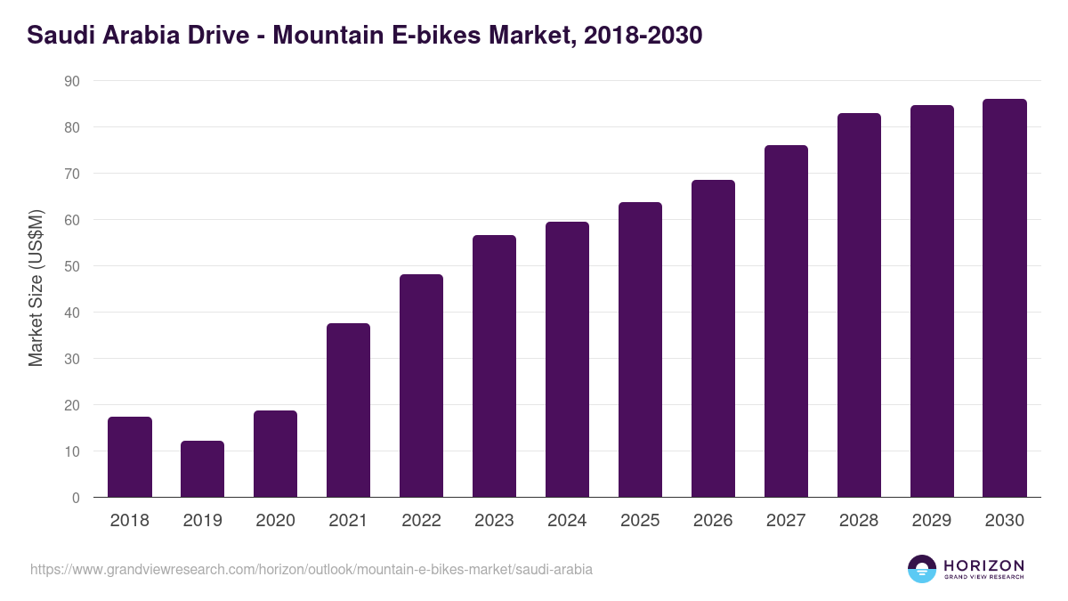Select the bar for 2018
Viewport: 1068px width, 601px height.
(130, 457)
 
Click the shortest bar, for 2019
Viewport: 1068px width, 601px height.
(203, 469)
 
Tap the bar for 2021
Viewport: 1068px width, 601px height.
(348, 410)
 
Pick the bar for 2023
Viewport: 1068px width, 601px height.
(494, 366)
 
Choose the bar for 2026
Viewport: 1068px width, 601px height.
(713, 338)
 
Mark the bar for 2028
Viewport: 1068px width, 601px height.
(859, 305)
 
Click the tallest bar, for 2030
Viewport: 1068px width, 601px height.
(1005, 298)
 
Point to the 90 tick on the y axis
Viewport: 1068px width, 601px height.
(72, 81)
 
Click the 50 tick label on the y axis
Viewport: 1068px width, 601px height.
(72, 266)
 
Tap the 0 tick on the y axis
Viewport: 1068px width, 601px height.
(76, 498)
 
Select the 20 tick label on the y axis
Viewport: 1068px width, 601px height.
(72, 405)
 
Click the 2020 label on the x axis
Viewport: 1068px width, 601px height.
(276, 521)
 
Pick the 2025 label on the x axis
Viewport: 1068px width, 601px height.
(640, 521)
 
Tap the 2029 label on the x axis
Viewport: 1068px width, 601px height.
(932, 521)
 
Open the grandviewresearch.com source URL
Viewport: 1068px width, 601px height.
(311, 569)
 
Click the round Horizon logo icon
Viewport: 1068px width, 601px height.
(922, 569)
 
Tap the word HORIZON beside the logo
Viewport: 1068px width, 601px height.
(983, 565)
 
